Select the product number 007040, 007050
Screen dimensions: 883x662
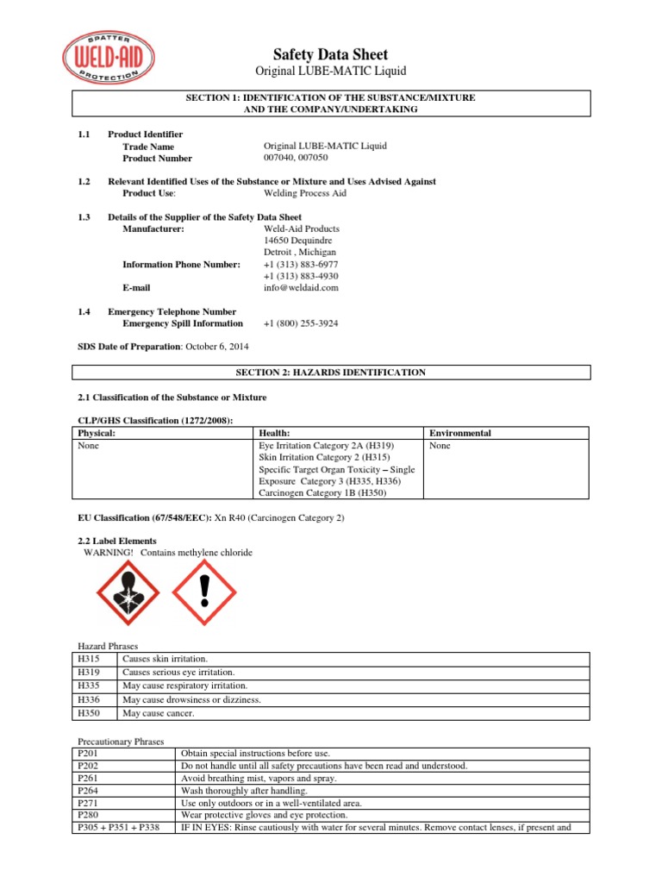coord(302,159)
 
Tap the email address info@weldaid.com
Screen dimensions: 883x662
coord(301,288)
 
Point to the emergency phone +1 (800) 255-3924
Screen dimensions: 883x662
coord(301,323)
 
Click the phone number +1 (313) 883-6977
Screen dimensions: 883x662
coord(301,264)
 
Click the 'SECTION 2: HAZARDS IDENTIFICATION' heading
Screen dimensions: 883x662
coord(330,373)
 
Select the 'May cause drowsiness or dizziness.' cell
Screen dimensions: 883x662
coord(191,700)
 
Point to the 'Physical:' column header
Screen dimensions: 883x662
coord(97,433)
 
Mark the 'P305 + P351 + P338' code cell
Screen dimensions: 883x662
coord(117,828)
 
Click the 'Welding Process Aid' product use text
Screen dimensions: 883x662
coord(305,194)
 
